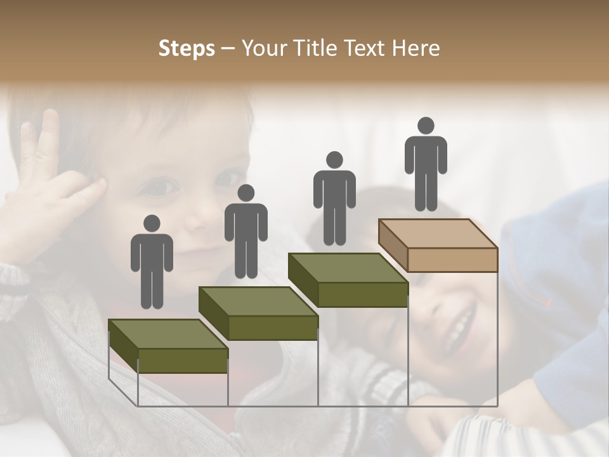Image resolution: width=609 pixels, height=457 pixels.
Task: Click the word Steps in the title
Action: [x=187, y=49]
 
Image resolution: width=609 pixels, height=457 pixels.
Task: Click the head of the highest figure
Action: [x=426, y=126]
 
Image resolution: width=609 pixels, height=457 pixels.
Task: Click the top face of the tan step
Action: [x=438, y=233]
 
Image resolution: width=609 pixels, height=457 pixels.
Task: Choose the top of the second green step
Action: [x=258, y=301]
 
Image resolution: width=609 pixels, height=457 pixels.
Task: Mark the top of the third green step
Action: [x=348, y=267]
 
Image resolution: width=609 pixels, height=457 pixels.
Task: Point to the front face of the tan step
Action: [x=452, y=259]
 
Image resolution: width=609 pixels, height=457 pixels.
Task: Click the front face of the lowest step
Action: [x=183, y=361]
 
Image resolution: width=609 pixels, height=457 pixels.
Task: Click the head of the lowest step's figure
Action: [x=152, y=223]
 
